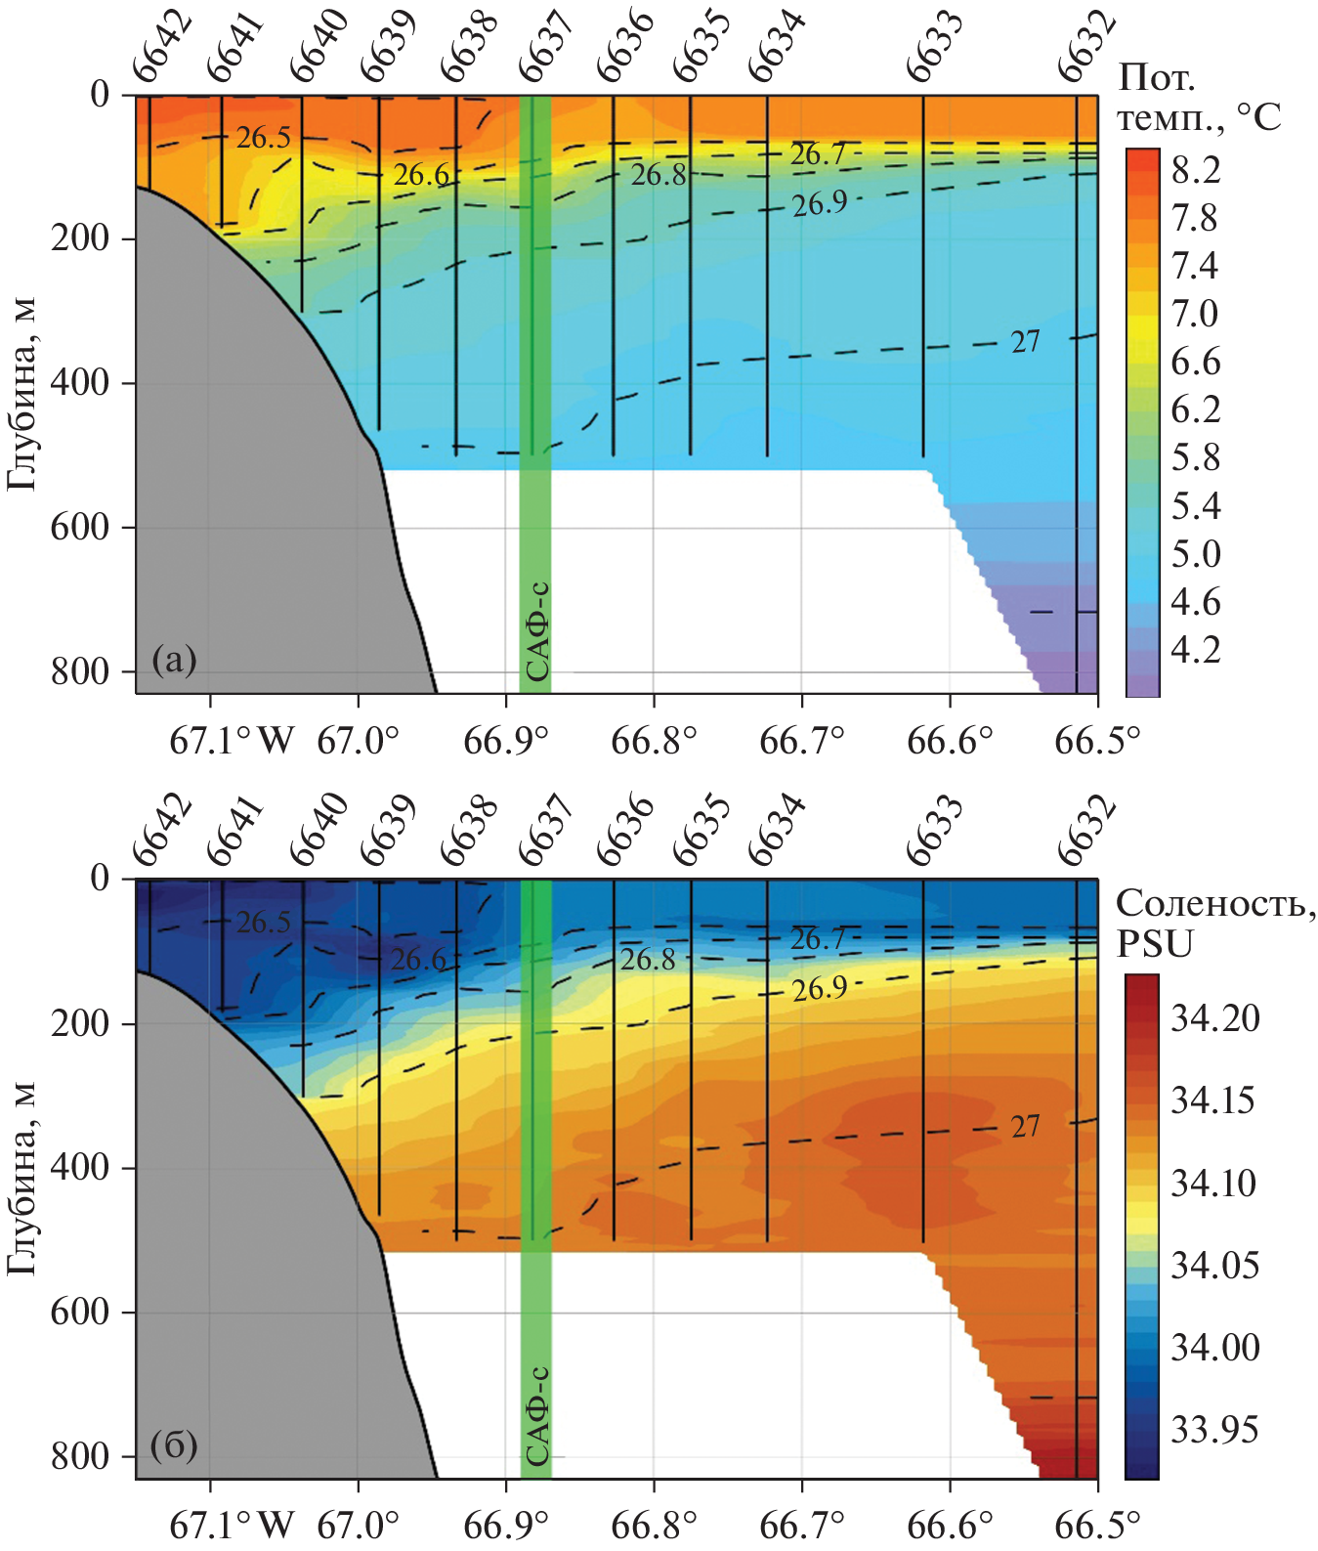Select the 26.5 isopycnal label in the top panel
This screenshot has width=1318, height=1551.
tap(263, 138)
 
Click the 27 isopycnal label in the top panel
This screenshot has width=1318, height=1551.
tap(1025, 342)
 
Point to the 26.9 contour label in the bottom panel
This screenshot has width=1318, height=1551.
tap(819, 989)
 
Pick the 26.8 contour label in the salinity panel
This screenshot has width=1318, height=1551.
tap(648, 960)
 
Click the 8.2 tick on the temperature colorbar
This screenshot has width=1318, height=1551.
tap(1196, 170)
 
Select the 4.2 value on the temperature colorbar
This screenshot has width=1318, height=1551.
tap(1196, 650)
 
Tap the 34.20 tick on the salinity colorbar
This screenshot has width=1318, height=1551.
tap(1215, 1019)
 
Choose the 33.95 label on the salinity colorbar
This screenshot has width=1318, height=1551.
tap(1215, 1430)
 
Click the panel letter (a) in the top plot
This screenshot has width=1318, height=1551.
tap(175, 661)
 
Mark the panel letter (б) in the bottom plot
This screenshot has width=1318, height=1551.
tap(175, 1444)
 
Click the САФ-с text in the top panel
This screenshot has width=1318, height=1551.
tap(536, 631)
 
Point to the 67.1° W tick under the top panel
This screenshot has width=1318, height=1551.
tap(231, 741)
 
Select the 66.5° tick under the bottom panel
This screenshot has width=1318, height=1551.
tap(1097, 1525)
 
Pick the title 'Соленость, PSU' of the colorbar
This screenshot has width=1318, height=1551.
tap(1215, 924)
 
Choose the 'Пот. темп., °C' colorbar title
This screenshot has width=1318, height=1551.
tap(1198, 97)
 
